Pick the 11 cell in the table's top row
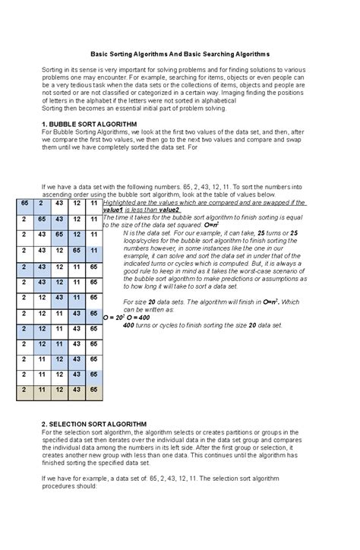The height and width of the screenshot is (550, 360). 93,204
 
